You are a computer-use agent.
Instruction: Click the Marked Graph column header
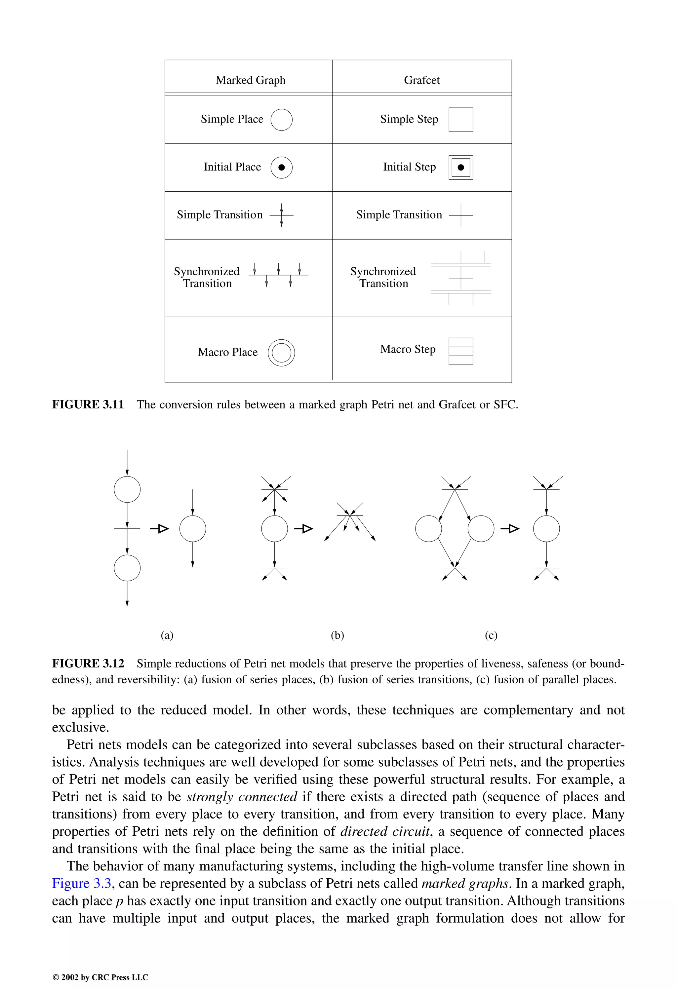point(250,80)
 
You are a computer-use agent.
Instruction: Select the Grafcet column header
point(421,80)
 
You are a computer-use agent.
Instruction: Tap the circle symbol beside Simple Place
point(281,120)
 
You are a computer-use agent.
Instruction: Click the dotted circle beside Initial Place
point(281,167)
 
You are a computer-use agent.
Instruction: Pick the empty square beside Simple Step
point(461,120)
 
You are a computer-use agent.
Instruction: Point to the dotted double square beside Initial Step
point(461,167)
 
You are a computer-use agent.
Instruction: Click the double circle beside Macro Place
point(281,352)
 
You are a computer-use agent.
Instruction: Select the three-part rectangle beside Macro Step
point(461,351)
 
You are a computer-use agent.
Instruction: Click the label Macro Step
point(408,349)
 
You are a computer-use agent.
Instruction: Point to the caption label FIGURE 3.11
point(88,404)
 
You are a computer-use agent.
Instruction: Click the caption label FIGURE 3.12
point(88,664)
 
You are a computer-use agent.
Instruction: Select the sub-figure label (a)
point(167,635)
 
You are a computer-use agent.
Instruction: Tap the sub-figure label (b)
point(337,635)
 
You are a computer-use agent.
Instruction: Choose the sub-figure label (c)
point(491,635)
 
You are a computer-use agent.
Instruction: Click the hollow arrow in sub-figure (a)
point(160,529)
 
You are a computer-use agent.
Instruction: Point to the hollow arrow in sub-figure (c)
point(510,529)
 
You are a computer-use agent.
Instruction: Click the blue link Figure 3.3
point(81,884)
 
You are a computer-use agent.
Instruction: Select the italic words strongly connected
point(241,797)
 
